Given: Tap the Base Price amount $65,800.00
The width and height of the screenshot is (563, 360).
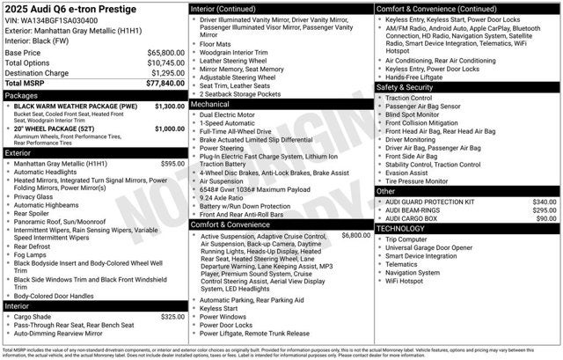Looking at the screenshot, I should (165, 53).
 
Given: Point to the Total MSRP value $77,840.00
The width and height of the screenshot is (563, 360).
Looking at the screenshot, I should (165, 83).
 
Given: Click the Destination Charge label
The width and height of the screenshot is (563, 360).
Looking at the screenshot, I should (38, 73).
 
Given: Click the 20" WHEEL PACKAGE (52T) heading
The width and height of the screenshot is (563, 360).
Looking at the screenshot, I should (61, 129).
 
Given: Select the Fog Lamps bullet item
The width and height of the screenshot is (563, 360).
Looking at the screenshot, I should (34, 254).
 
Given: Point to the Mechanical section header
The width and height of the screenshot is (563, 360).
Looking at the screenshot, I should (210, 104).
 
